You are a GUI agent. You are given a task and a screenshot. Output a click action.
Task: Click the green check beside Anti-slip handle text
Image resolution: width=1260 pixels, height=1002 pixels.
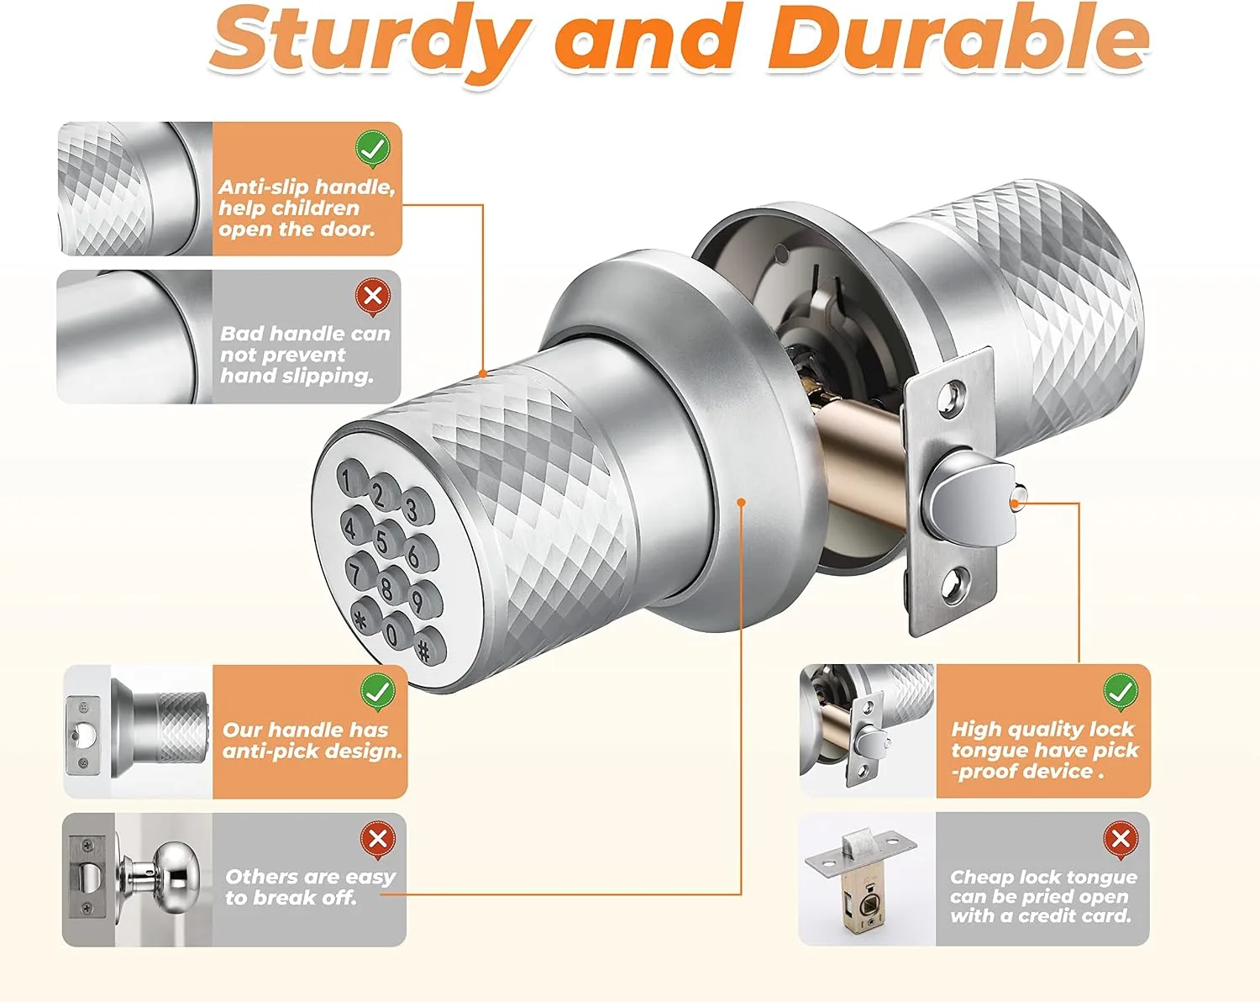(373, 149)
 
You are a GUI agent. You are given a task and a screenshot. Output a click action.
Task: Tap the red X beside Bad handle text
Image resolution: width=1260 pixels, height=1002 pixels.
(373, 296)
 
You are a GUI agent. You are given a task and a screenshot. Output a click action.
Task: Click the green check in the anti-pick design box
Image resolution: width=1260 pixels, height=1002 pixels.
(378, 692)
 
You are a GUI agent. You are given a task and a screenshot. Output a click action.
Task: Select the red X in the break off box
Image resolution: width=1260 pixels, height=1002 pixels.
(378, 839)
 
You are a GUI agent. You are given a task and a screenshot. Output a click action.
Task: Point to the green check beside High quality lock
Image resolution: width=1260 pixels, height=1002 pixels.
(1121, 692)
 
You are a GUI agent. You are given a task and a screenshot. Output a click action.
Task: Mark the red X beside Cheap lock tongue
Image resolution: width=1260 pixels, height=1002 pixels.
(1121, 839)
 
